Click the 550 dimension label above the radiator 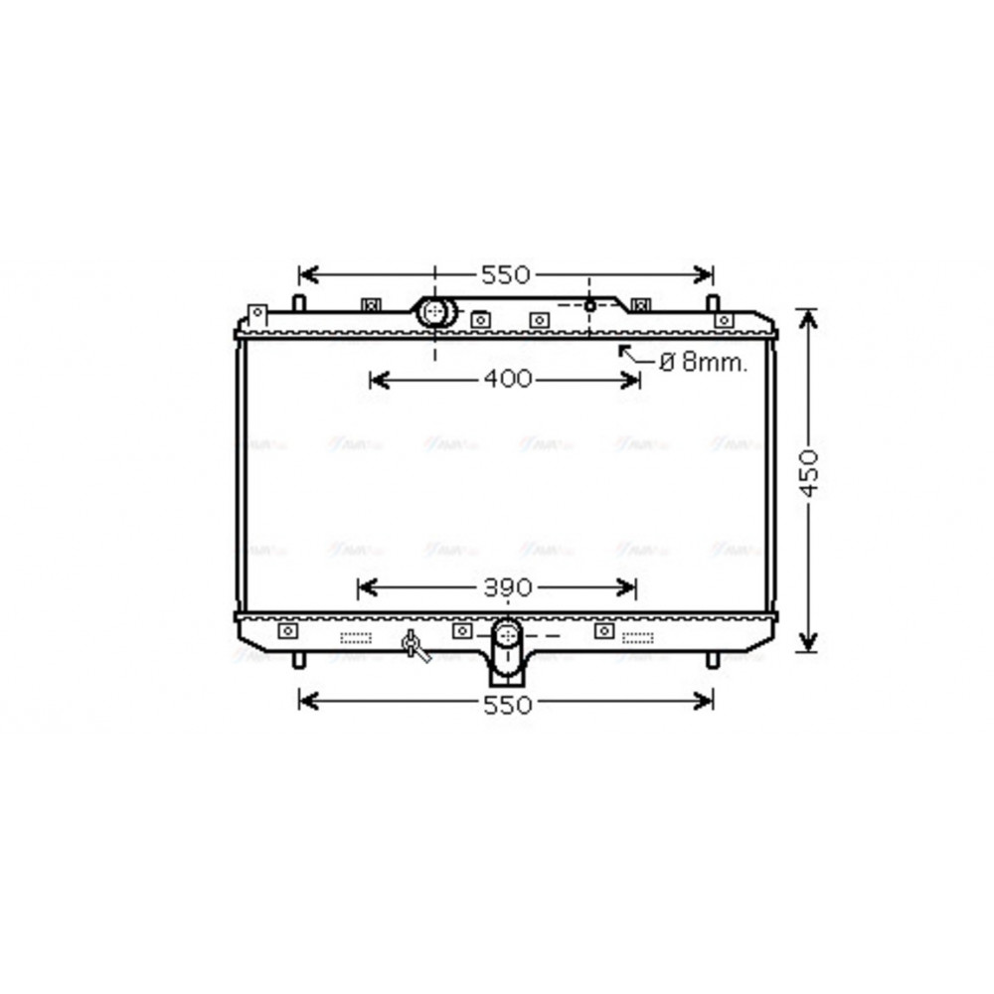pos(507,274)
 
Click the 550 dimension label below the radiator pos(507,704)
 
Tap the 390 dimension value pos(508,587)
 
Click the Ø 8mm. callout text pos(703,363)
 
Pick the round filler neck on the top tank pos(434,312)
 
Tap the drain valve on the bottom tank pos(414,646)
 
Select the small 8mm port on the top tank pos(589,305)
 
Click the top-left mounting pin pos(298,301)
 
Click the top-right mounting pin pos(712,301)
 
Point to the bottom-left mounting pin pos(298,659)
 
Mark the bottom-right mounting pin pos(712,659)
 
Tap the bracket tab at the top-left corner pos(256,314)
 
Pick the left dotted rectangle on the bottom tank pos(356,637)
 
